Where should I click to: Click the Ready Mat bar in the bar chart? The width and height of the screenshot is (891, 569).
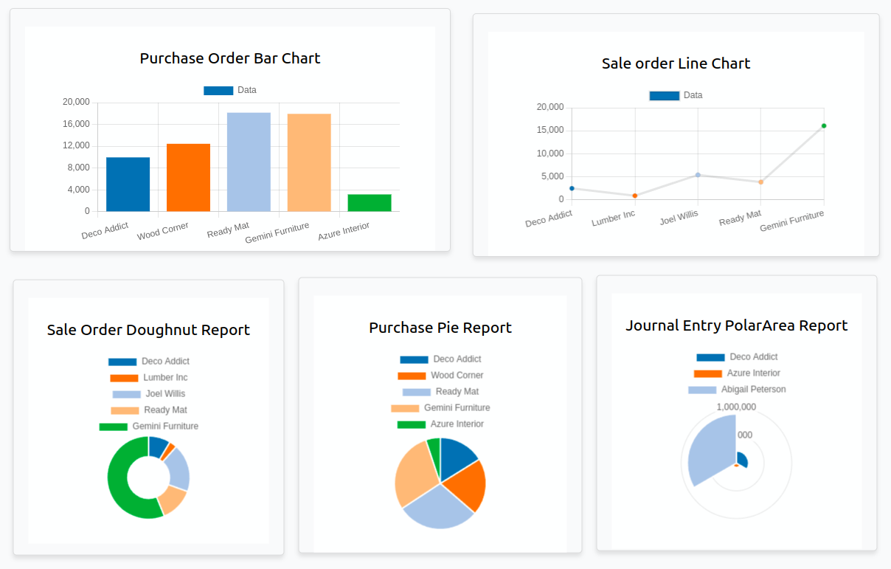click(x=249, y=162)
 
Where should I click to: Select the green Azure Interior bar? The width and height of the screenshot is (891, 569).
click(x=370, y=202)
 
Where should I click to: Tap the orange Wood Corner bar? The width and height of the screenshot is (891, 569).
click(x=188, y=177)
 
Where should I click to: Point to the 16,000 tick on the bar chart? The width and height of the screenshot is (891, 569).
click(x=77, y=124)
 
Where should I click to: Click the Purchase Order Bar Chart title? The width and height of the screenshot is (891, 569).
click(x=230, y=58)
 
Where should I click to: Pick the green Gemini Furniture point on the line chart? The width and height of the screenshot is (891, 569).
click(x=824, y=125)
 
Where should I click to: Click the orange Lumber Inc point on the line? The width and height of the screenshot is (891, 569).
click(x=634, y=196)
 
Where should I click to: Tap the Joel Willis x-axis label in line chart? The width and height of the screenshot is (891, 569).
click(x=679, y=218)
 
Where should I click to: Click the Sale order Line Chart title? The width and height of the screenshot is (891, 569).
click(x=676, y=63)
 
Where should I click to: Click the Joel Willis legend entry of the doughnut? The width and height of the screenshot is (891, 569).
click(x=165, y=394)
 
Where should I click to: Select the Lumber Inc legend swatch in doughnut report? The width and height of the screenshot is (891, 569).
click(x=124, y=378)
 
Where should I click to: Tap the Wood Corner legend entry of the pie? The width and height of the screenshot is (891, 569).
click(x=457, y=376)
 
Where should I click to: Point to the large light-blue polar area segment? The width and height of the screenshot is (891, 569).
click(x=710, y=452)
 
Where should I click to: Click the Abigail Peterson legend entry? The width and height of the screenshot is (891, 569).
click(x=753, y=390)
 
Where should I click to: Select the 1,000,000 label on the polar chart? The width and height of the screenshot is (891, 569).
click(x=736, y=407)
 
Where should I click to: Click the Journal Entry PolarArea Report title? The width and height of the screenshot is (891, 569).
click(x=736, y=325)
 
